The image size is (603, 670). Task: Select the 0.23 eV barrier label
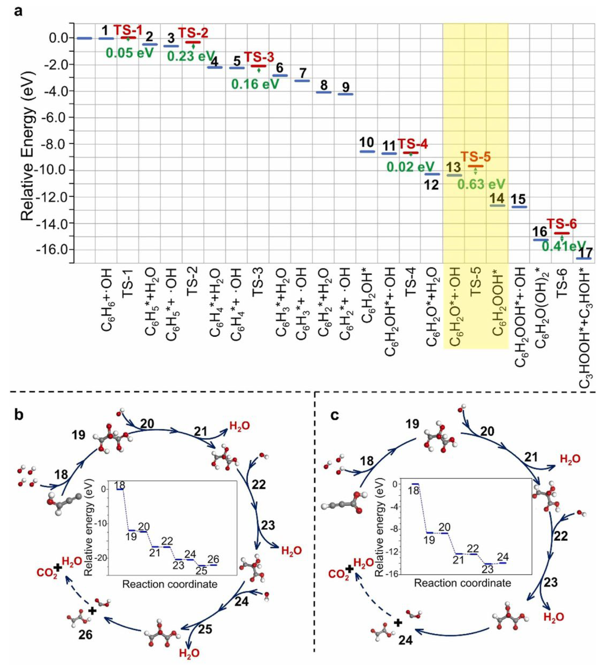pos(191,56)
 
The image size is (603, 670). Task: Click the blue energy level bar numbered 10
pos(367,151)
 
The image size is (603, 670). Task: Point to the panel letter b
pos(19,416)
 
